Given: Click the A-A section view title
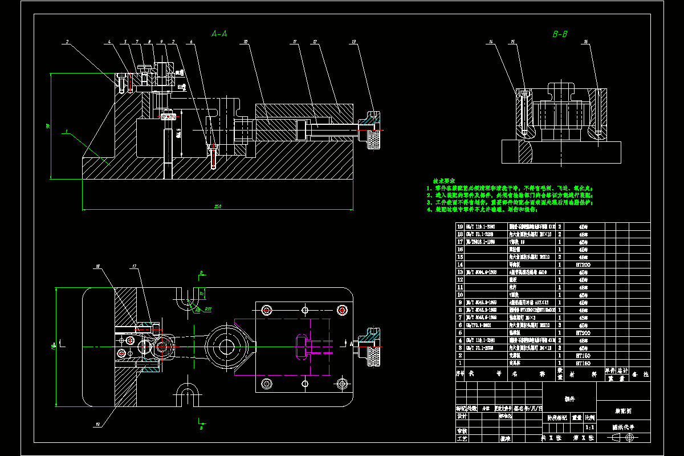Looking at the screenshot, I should tap(219, 34).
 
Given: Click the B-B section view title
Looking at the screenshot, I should tap(560, 34).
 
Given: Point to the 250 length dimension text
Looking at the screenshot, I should tap(217, 206).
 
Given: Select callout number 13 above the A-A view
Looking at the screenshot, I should tap(354, 42).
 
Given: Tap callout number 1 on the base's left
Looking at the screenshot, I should tap(67, 131).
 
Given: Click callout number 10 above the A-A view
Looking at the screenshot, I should tap(245, 42).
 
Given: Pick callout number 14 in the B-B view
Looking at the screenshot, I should tap(491, 42).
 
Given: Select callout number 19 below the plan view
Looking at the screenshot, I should tap(97, 424).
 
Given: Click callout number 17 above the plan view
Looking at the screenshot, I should tap(135, 266).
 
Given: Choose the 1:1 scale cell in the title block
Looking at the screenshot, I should tap(590, 426).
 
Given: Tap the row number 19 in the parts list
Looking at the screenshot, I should tap(461, 226).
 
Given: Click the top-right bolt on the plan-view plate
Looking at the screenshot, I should tap(341, 310).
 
